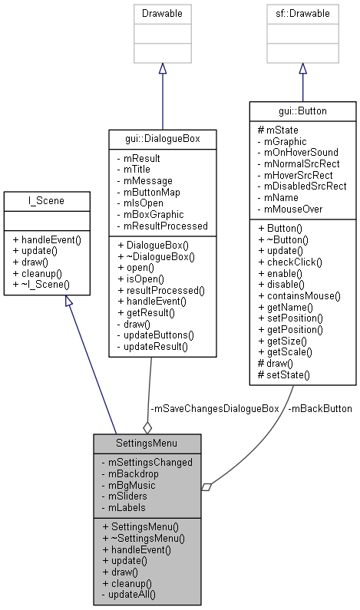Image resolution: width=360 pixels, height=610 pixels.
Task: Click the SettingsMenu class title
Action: tap(147, 444)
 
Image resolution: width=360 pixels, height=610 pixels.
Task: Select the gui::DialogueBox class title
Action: tap(161, 138)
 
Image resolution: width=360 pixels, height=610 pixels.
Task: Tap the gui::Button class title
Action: tap(302, 111)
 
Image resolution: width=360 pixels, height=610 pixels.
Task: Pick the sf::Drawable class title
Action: tap(302, 13)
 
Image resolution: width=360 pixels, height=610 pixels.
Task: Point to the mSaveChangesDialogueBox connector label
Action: tap(214, 409)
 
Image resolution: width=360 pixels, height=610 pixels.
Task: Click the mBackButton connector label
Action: tap(321, 409)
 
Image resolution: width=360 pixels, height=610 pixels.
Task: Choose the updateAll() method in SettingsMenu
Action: tap(132, 594)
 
